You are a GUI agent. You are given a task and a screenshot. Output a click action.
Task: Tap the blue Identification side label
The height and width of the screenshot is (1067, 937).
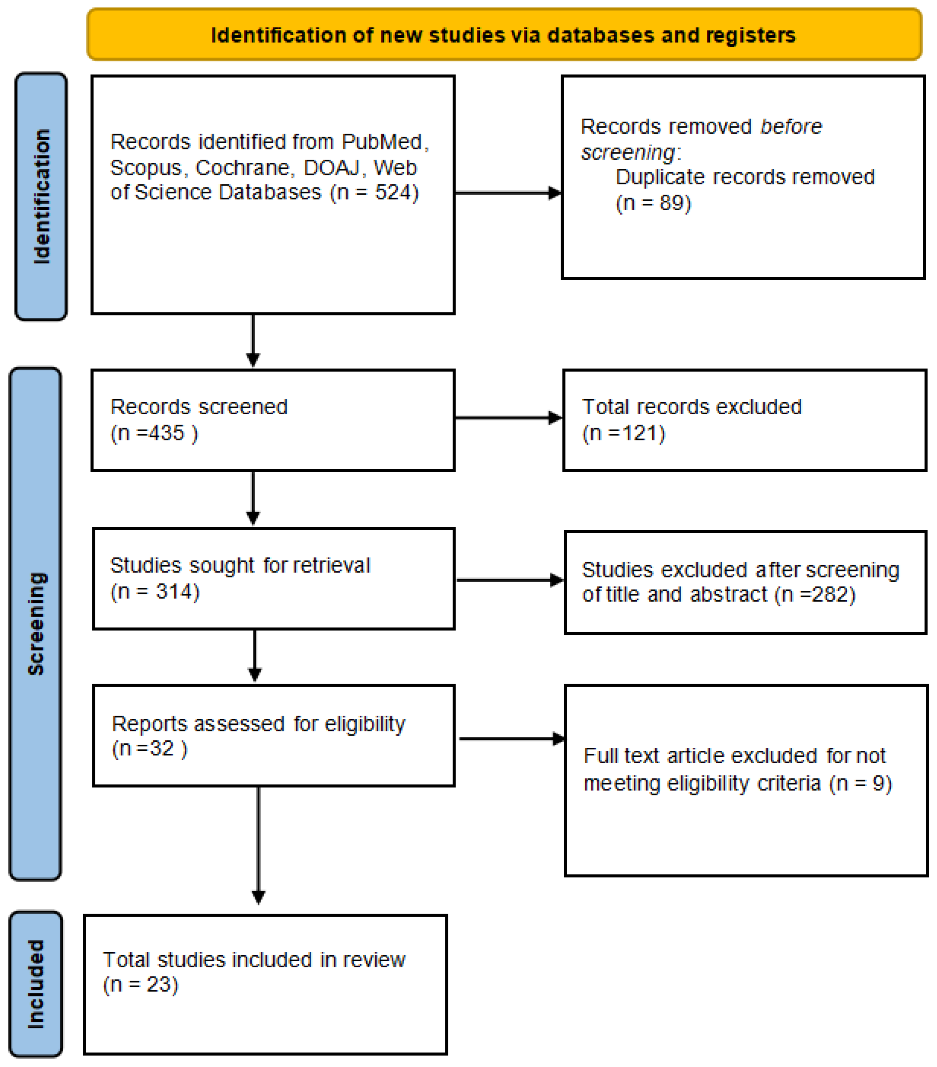41,196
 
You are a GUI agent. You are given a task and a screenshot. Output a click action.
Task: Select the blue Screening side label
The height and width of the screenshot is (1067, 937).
36,624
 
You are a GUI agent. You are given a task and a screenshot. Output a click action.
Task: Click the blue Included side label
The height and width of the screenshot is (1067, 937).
36,984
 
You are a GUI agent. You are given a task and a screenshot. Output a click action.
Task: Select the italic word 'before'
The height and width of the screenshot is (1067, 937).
791,127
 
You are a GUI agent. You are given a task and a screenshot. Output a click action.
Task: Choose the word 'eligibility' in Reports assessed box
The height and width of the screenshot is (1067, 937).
365,724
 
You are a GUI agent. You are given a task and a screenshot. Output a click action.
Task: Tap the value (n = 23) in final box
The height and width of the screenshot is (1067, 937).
140,984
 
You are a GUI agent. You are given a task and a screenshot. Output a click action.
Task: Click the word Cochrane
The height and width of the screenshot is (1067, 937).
243,168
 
